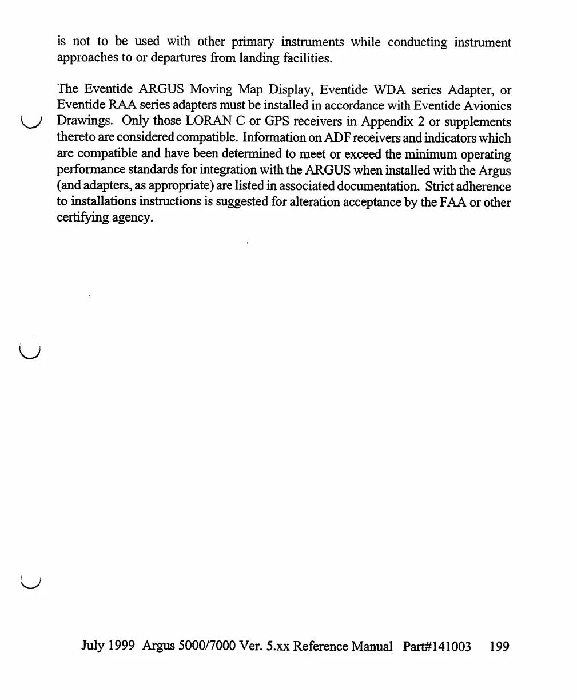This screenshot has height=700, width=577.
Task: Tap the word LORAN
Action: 206,122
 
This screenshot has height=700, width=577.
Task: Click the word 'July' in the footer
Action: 93,647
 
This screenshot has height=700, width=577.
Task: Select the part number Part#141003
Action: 437,647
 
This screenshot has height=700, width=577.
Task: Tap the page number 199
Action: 499,647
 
